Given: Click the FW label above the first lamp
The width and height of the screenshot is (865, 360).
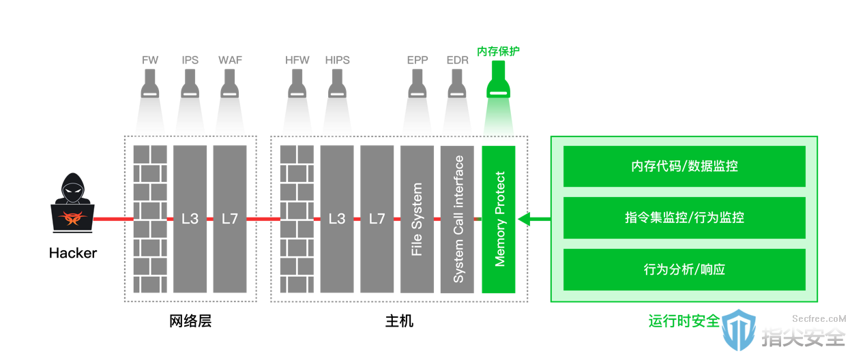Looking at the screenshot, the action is (x=150, y=60).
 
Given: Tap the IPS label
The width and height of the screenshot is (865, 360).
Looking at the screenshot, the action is (x=190, y=60).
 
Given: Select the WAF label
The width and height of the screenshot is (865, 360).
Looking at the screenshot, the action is (x=230, y=60).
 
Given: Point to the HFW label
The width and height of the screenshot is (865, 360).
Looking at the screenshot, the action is (x=297, y=60).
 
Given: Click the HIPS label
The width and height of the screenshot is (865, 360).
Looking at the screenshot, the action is (x=337, y=60).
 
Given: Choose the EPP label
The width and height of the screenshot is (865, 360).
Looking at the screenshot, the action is (x=417, y=60).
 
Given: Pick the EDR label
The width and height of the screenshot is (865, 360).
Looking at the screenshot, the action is (x=457, y=60).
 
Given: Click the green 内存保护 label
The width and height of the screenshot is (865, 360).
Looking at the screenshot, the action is (x=498, y=51).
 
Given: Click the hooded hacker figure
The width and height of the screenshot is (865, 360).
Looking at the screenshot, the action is (x=72, y=203).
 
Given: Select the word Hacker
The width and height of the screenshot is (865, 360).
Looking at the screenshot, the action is (x=72, y=253).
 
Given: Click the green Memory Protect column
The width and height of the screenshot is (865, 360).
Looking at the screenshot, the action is (x=499, y=219).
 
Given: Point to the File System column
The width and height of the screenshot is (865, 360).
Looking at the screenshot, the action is (x=417, y=219).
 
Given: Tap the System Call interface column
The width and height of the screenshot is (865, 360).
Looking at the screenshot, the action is (x=457, y=219).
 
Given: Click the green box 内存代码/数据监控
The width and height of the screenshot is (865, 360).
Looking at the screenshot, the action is (x=684, y=166).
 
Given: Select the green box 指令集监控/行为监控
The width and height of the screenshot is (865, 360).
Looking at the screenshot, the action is (x=684, y=217).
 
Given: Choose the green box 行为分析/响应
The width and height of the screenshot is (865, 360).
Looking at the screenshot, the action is (x=684, y=269).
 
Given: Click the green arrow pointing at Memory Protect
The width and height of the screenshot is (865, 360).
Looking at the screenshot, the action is (x=534, y=219).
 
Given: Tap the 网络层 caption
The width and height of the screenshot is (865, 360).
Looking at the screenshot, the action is (x=190, y=321).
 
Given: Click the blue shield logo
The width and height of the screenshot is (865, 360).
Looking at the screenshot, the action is (x=739, y=330).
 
